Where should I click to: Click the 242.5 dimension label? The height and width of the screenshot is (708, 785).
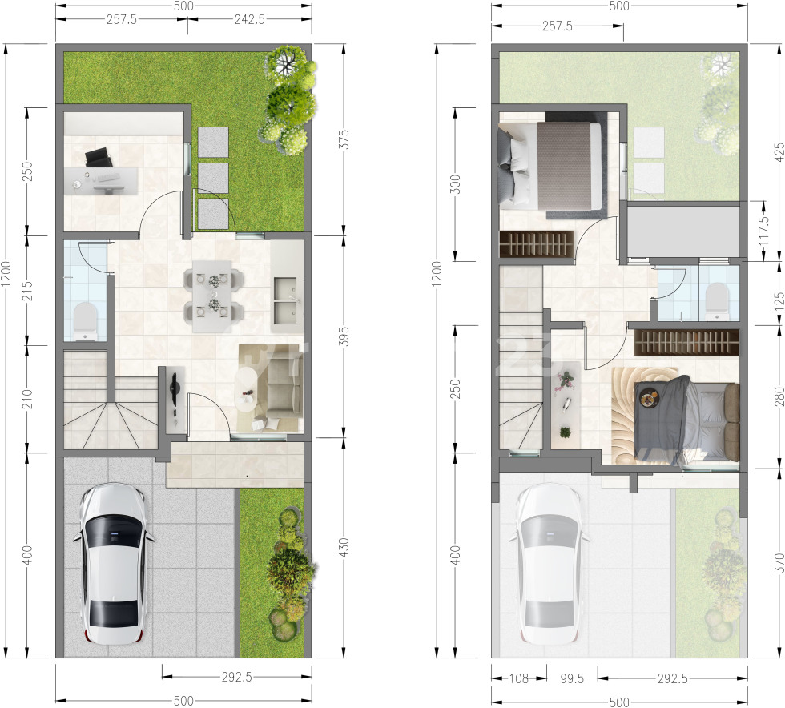point(249,19)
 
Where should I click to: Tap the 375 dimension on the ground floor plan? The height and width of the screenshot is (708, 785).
point(344,139)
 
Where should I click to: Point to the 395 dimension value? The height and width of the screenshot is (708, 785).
point(344,336)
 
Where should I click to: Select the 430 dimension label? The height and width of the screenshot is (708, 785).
point(344,548)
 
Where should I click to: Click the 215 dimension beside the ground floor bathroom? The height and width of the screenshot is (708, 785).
point(27,291)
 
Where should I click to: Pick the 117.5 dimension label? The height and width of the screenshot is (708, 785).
point(764,231)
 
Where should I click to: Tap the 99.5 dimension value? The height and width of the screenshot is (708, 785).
point(572,678)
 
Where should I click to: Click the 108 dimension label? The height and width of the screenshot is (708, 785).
point(519,678)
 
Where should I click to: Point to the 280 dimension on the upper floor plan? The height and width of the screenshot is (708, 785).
point(779,396)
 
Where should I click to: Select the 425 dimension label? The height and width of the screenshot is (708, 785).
point(779,153)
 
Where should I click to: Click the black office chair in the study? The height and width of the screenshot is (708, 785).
point(98,157)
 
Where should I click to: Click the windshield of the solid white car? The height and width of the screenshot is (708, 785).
point(114,535)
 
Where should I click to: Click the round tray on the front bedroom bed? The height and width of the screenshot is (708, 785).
point(650,399)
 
